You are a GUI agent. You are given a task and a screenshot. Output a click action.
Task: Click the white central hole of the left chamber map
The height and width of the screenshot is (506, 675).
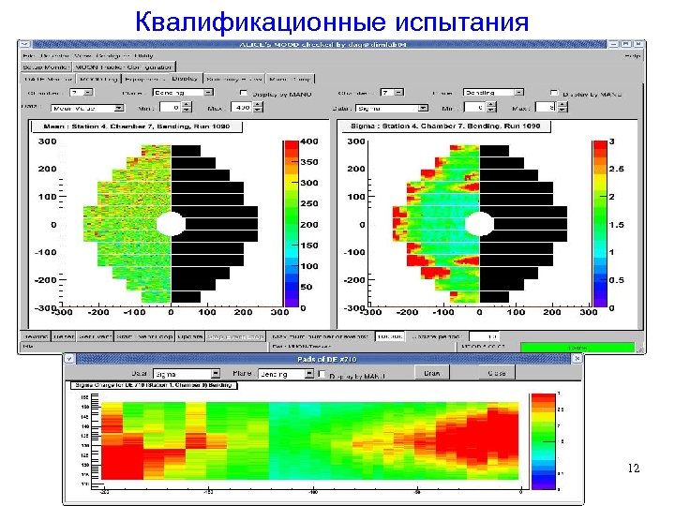point(170,224)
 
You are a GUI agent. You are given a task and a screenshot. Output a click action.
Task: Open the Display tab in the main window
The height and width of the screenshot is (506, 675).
point(184,79)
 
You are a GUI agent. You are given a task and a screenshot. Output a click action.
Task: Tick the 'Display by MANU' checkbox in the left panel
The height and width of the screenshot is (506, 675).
point(244,94)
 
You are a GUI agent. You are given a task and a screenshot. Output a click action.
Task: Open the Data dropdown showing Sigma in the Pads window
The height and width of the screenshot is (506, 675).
point(186,373)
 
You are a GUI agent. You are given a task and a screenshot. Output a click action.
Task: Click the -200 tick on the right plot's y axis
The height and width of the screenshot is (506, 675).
point(355,280)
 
